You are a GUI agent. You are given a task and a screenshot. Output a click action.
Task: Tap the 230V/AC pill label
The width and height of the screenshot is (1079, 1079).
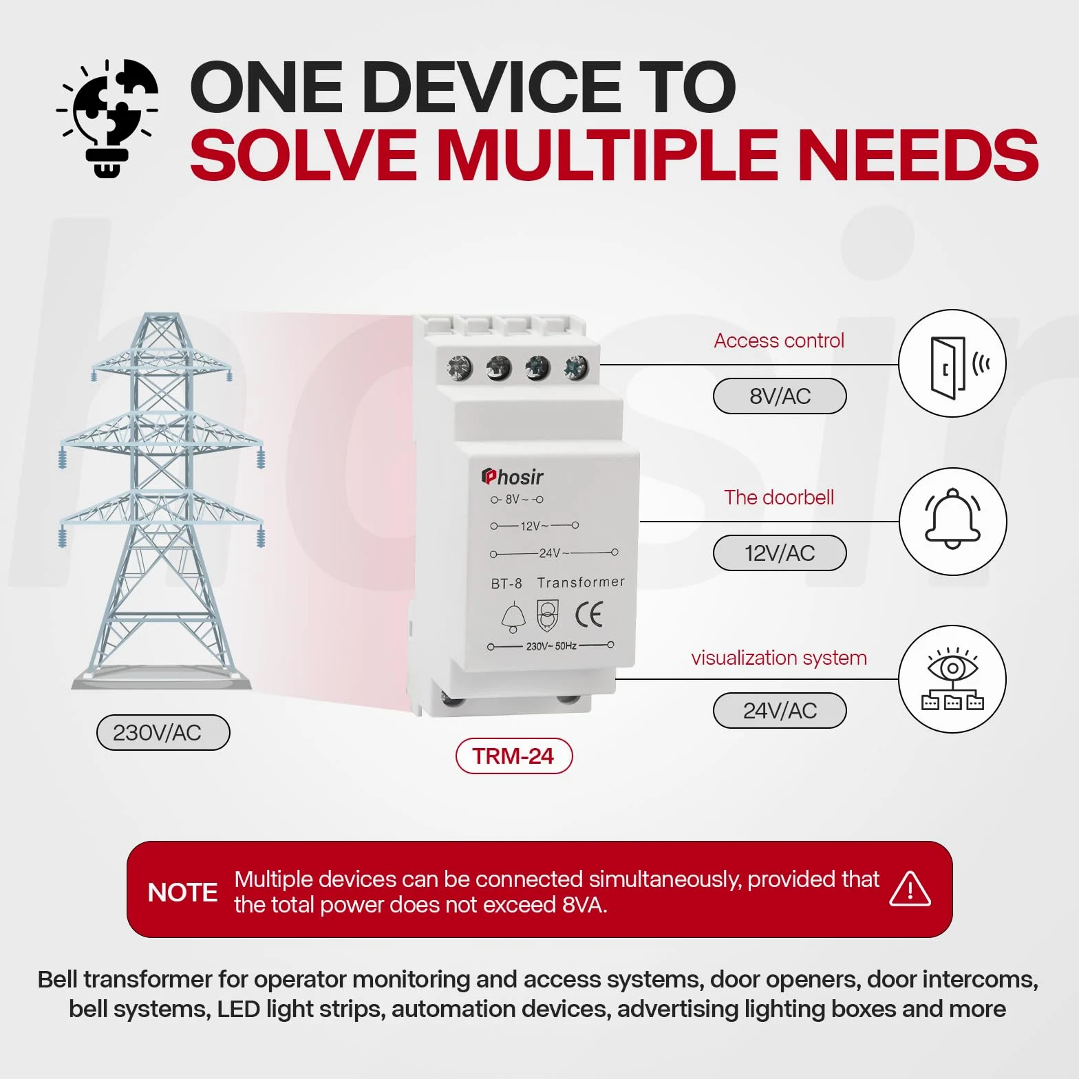tap(163, 732)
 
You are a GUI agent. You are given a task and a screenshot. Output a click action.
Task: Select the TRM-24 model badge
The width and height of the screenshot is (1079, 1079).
tap(514, 756)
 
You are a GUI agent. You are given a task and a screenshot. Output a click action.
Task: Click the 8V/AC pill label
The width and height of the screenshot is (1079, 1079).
tap(780, 396)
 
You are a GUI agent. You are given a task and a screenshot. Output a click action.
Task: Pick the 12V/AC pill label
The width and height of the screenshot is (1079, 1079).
tap(780, 553)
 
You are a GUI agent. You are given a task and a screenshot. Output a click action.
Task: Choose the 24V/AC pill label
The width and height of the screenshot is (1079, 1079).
tap(780, 710)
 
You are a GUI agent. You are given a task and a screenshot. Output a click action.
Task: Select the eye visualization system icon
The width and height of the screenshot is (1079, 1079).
tap(952, 679)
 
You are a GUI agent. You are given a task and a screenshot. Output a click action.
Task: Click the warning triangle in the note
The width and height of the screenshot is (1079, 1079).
tap(910, 888)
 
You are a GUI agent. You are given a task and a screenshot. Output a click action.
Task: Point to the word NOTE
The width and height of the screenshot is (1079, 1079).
tap(182, 893)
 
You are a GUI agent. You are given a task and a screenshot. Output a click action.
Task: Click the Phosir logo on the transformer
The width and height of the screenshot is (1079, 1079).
tap(513, 476)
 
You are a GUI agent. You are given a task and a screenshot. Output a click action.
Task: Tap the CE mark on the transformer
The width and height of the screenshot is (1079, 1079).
tap(589, 614)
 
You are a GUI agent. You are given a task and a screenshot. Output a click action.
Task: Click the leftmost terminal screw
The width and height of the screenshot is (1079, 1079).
tap(460, 368)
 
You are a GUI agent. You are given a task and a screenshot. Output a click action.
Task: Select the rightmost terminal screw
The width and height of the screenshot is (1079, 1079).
tap(576, 368)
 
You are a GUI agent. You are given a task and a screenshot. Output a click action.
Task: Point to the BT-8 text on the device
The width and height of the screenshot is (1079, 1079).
tap(506, 584)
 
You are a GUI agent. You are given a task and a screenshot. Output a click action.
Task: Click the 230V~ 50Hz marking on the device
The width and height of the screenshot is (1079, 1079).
tap(551, 646)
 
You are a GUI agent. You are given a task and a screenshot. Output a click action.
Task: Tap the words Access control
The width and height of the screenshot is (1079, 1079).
tap(779, 341)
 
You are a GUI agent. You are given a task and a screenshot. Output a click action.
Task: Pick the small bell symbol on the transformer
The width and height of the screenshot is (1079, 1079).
tap(513, 617)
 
